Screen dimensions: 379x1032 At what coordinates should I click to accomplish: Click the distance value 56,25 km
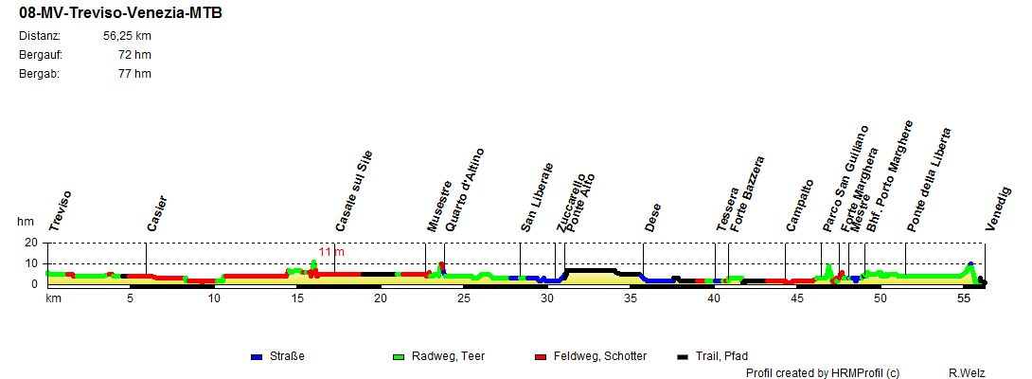(x=127, y=36)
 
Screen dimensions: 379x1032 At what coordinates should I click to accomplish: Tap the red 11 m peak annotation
(x=331, y=252)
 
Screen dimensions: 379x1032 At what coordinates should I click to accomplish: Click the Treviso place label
(x=61, y=210)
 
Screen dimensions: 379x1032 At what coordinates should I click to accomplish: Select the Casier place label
(x=157, y=213)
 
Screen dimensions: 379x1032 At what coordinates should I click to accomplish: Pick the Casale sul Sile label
(x=355, y=190)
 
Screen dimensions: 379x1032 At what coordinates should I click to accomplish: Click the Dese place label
(x=653, y=217)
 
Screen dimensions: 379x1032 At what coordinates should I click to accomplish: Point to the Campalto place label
(x=800, y=205)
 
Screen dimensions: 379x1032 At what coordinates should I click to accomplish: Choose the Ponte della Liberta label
(x=929, y=180)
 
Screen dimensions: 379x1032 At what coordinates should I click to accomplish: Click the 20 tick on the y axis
(x=29, y=243)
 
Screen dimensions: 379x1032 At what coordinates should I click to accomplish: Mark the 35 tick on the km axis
(x=631, y=298)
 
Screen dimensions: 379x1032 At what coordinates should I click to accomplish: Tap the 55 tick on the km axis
(x=964, y=298)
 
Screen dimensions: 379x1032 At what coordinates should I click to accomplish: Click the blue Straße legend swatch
(x=256, y=357)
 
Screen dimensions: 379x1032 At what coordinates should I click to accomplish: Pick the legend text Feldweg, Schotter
(x=600, y=356)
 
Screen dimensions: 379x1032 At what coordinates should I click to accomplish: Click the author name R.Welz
(x=967, y=373)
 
